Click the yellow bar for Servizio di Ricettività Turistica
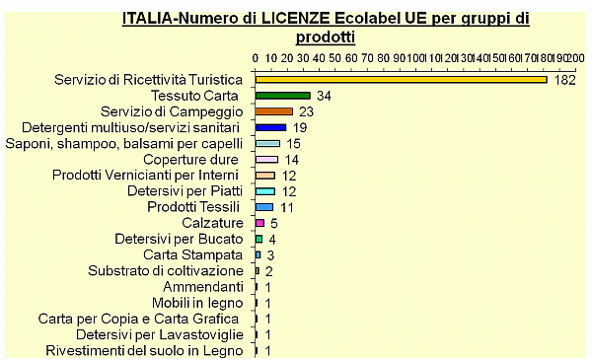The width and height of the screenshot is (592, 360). (401, 80)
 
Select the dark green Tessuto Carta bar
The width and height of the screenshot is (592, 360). (282, 96)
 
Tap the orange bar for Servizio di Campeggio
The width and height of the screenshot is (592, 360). (273, 111)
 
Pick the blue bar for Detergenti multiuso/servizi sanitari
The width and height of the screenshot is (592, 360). (270, 127)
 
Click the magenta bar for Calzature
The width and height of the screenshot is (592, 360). (259, 223)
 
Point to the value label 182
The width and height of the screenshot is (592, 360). (564, 80)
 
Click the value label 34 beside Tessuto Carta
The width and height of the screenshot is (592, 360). (323, 96)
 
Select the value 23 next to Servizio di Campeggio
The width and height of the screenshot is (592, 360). (306, 111)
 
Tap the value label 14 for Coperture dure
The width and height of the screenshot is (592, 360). (291, 160)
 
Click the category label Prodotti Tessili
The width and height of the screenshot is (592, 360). (193, 207)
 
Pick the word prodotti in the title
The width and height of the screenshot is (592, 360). (326, 36)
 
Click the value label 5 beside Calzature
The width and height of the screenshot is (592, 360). (273, 223)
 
